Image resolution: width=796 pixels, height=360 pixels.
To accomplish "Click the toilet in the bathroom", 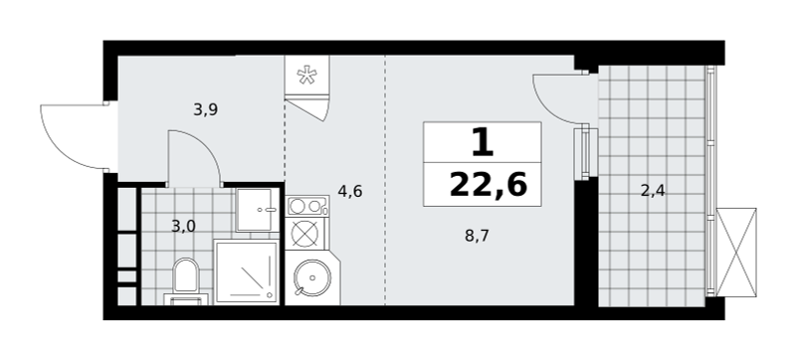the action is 185,281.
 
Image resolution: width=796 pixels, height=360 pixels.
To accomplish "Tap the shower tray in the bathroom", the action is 247,272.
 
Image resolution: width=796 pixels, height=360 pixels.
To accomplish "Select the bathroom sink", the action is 258,210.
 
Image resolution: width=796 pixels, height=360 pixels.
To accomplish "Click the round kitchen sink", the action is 312,277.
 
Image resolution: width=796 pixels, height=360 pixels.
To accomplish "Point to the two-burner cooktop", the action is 306,206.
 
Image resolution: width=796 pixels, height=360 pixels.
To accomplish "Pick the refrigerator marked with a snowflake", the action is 306,75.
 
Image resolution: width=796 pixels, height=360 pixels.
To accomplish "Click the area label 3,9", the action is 206,109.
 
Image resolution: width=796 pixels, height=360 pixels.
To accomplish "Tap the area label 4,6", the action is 350,192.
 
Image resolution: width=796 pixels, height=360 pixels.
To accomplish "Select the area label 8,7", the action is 477,236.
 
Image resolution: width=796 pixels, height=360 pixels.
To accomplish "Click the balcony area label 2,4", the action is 653,191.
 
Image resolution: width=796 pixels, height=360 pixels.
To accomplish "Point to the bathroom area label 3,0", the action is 183,226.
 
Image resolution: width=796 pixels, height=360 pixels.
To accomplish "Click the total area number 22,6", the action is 489,185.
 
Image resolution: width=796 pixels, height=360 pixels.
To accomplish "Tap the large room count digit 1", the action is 483,142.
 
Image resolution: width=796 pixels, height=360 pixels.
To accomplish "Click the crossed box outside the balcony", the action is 736,252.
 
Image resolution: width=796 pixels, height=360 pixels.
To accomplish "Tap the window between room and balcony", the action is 586,153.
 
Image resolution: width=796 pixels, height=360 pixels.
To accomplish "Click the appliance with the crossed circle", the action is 305,234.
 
